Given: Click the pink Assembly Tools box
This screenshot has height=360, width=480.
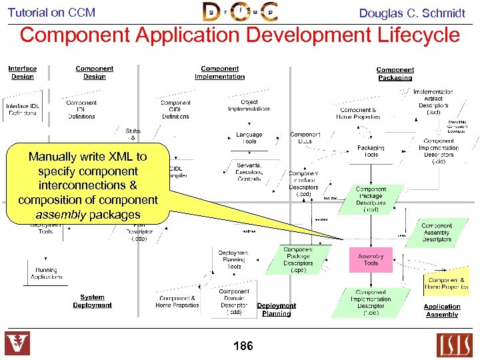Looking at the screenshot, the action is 371,259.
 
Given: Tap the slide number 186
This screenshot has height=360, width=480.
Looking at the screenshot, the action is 243,345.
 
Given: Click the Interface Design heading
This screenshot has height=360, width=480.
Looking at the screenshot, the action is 23,72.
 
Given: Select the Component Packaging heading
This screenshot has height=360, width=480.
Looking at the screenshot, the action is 395,73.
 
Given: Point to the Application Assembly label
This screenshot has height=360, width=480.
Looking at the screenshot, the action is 441,311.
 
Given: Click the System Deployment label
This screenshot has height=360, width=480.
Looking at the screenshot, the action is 92,301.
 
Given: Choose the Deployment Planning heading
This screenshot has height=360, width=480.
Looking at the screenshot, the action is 276,309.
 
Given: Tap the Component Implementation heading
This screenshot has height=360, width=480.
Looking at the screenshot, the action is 219,72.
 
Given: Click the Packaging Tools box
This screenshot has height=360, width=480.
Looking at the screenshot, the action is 371,151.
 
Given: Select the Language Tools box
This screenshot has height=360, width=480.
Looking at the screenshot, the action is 249,137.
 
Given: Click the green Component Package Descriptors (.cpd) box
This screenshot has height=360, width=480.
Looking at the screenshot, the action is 297,260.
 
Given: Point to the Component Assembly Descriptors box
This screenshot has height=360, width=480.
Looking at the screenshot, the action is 436,232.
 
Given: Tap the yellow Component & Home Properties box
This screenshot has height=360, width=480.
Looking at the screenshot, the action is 447,283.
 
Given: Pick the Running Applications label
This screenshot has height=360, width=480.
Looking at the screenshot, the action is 46,273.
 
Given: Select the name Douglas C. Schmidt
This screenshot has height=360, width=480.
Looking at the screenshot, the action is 412,13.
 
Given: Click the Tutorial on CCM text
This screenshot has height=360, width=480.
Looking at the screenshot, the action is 51,12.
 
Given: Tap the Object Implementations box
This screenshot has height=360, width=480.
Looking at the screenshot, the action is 249,105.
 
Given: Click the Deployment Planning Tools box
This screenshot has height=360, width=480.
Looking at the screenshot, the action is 234,260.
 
